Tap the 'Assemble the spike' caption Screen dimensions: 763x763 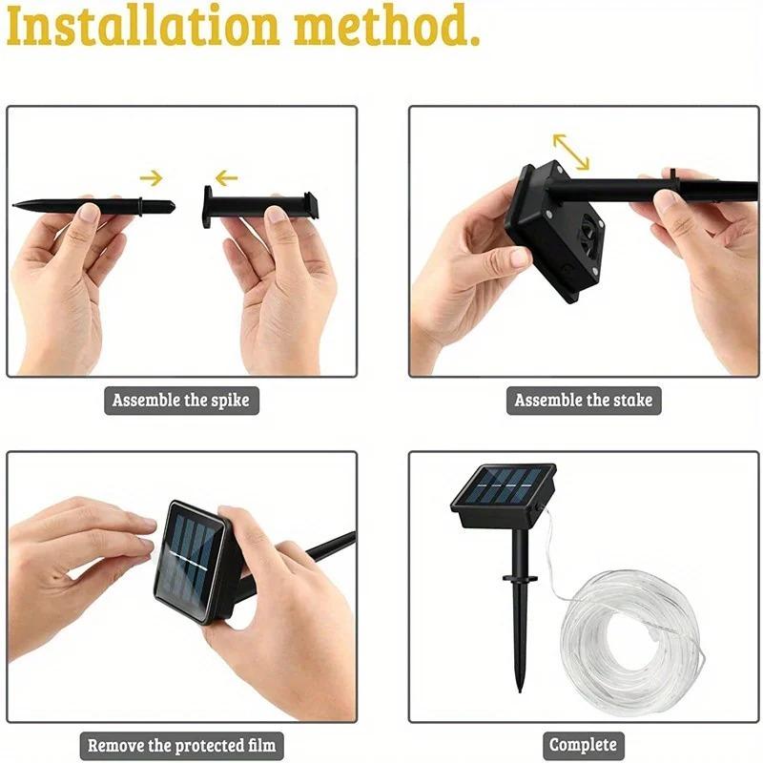click(x=180, y=400)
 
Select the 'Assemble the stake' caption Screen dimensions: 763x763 click(x=583, y=400)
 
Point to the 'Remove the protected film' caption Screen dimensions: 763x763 click(x=181, y=745)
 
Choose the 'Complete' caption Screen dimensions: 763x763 click(x=583, y=745)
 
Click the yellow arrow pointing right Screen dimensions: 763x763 click(x=151, y=176)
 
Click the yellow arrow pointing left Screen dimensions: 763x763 click(x=226, y=177)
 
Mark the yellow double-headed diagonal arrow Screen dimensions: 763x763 click(x=570, y=151)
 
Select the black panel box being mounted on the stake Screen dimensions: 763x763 click(x=553, y=229)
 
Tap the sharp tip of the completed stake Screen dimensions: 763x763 click(x=520, y=689)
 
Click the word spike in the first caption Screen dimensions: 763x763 click(x=228, y=400)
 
